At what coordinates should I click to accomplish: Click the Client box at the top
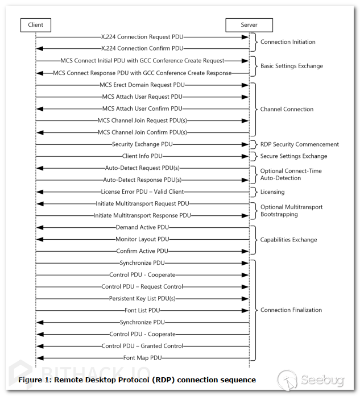(x=35, y=25)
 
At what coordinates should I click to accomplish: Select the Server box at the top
(x=249, y=25)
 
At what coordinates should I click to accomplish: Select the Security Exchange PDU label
(x=142, y=144)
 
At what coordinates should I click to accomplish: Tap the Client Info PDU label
(x=142, y=156)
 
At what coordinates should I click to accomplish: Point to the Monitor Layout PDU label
(x=142, y=240)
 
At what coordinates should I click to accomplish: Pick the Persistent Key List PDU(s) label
(x=142, y=298)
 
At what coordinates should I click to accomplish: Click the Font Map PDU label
(x=142, y=358)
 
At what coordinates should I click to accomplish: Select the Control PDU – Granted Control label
(x=142, y=346)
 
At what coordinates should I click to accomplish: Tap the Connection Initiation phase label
(x=288, y=42)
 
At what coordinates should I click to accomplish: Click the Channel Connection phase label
(x=287, y=109)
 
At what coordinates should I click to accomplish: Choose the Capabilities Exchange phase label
(x=288, y=240)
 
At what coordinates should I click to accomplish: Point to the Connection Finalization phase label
(x=291, y=310)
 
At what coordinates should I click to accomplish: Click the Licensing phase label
(x=272, y=192)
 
